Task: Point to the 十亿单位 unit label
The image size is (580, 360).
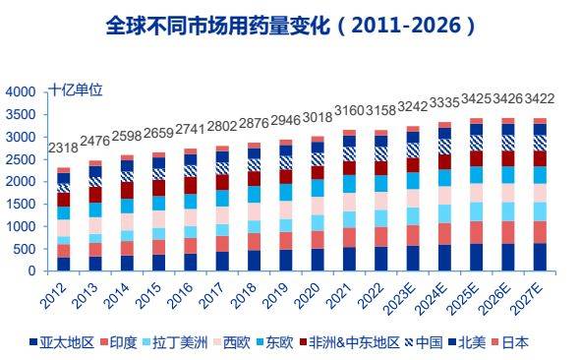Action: point(76,90)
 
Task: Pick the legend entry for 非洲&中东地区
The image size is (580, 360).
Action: point(348,342)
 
